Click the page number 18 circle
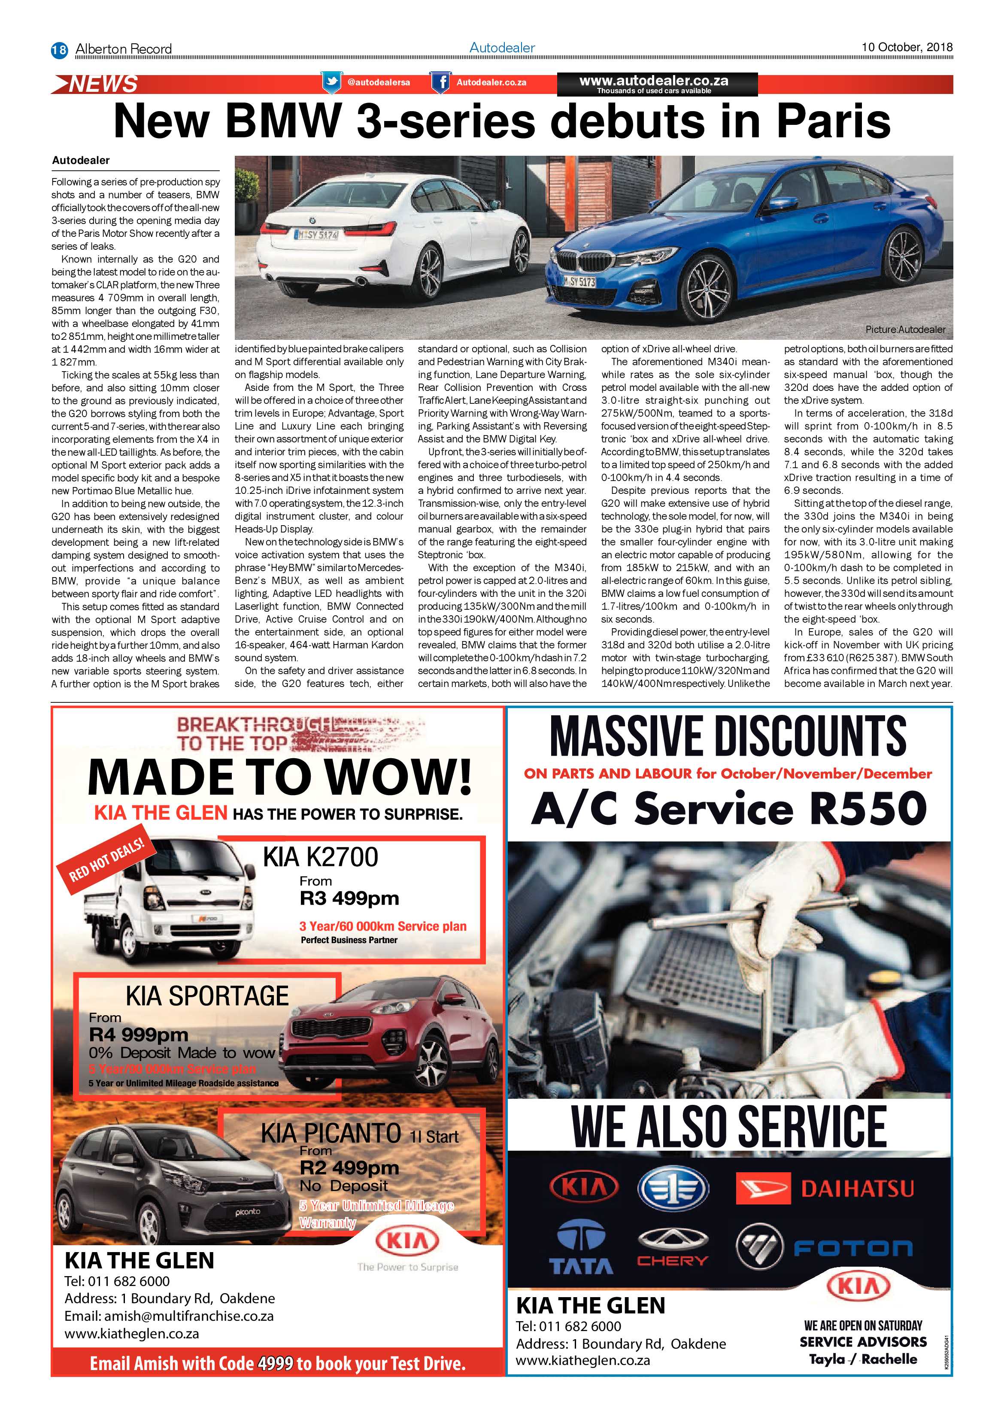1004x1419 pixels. click(59, 49)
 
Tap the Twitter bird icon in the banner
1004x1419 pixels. click(331, 82)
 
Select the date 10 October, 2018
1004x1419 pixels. click(907, 47)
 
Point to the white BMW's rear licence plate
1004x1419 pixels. click(317, 235)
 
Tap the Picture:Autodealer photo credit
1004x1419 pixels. click(905, 330)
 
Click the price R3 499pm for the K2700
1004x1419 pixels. click(349, 898)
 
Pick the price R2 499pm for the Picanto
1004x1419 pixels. click(349, 1168)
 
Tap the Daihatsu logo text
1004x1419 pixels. click(857, 1188)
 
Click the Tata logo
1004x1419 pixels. click(581, 1248)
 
